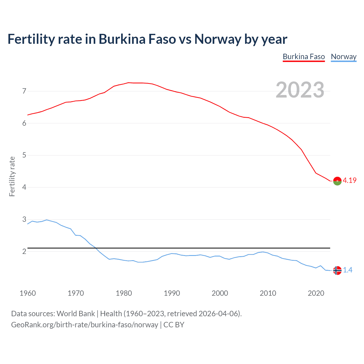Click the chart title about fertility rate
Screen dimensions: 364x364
pyautogui.click(x=147, y=39)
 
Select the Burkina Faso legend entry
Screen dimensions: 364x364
pyautogui.click(x=304, y=57)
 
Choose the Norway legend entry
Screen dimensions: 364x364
pyautogui.click(x=344, y=57)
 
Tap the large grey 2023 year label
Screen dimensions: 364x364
pyautogui.click(x=300, y=90)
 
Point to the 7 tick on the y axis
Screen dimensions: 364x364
pyautogui.click(x=24, y=91)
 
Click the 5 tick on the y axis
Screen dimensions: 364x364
pyautogui.click(x=24, y=155)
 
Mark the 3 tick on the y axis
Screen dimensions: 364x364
pyautogui.click(x=24, y=220)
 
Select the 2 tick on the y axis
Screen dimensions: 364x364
pyautogui.click(x=24, y=252)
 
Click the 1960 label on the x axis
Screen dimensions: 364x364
pyautogui.click(x=28, y=293)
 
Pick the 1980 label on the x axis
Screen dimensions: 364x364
pyautogui.click(x=124, y=293)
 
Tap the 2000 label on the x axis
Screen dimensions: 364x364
pyautogui.click(x=220, y=293)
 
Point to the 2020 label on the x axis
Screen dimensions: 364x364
pyautogui.click(x=316, y=293)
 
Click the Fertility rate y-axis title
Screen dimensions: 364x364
pyautogui.click(x=12, y=176)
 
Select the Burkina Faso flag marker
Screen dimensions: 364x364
pyautogui.click(x=337, y=181)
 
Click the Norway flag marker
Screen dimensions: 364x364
pyautogui.click(x=337, y=270)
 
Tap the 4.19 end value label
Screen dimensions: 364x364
pyautogui.click(x=349, y=181)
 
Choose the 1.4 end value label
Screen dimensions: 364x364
pyautogui.click(x=348, y=270)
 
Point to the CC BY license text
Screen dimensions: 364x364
pyautogui.click(x=174, y=325)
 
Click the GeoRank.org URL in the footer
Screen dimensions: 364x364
pyautogui.click(x=84, y=325)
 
